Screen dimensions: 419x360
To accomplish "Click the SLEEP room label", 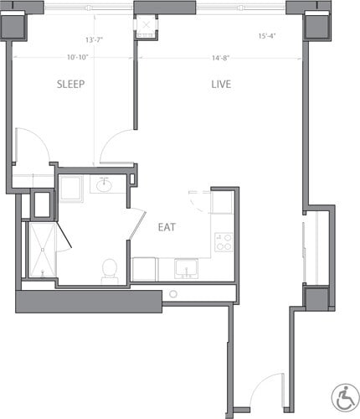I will (70, 85).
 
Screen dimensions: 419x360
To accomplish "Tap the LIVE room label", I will (221, 85).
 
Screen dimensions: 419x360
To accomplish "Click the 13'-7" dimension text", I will (95, 39).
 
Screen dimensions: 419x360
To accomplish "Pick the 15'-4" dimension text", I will (268, 36).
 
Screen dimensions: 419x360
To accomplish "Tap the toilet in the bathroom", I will (109, 268).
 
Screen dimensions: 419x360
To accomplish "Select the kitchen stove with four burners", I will (224, 242).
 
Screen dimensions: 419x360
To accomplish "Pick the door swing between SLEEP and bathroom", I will (117, 149).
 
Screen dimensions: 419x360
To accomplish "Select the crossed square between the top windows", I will (146, 26).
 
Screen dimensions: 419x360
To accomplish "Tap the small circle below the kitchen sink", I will (173, 294).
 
